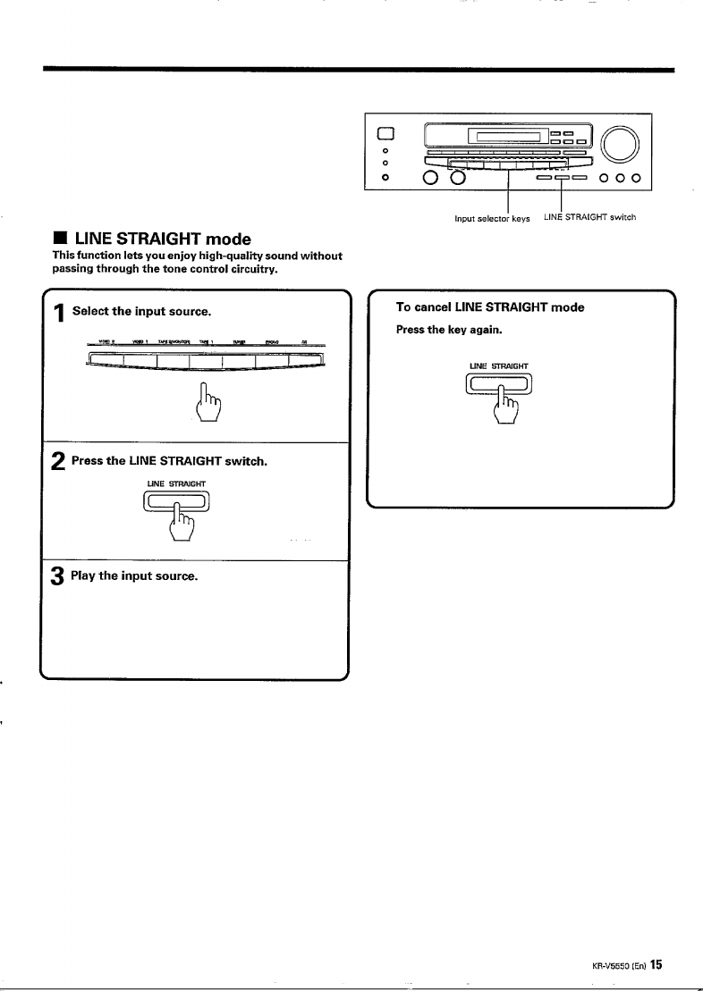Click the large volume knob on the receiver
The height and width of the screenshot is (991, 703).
click(620, 143)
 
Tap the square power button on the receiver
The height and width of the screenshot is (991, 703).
click(386, 135)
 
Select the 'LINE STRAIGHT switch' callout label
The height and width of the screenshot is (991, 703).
click(589, 218)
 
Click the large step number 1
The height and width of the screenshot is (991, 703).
click(59, 313)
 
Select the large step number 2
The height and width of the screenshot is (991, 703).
click(58, 462)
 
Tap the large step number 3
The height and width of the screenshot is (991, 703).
click(58, 576)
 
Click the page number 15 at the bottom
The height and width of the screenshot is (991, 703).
click(656, 964)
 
